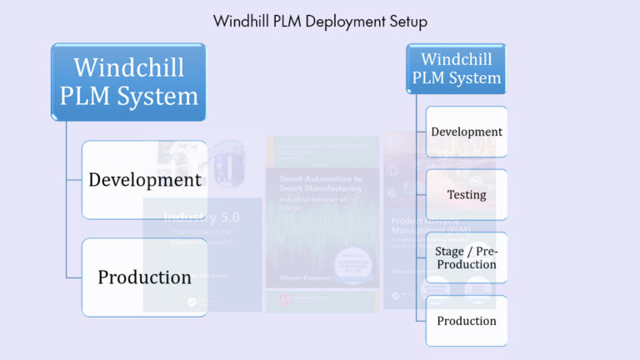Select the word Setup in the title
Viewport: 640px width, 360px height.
click(x=404, y=20)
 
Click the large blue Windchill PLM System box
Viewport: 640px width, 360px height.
click(x=128, y=82)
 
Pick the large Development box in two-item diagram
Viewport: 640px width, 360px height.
click(x=144, y=179)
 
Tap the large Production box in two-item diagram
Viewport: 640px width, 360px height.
click(x=144, y=277)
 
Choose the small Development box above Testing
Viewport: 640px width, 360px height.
click(x=466, y=132)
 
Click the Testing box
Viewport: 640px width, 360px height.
click(x=466, y=194)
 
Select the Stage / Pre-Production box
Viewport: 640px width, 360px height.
click(x=466, y=257)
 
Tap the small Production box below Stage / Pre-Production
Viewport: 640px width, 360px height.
click(x=466, y=321)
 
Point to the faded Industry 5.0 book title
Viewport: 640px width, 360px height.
click(x=201, y=219)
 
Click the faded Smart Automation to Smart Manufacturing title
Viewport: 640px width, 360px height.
click(x=321, y=184)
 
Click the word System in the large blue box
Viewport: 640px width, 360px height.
click(x=157, y=96)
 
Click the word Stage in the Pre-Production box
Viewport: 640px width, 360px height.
click(x=450, y=251)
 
